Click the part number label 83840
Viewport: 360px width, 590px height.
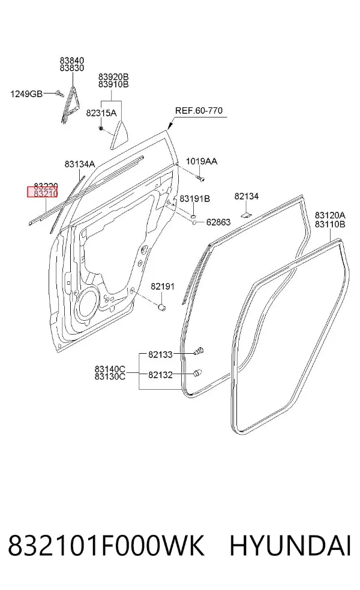tap(71, 60)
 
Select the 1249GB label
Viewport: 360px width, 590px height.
tap(26, 94)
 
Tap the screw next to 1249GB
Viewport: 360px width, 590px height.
tap(59, 93)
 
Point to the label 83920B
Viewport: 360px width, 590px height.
tap(113, 77)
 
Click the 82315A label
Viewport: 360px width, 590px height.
tap(101, 113)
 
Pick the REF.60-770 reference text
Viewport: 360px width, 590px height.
tap(199, 110)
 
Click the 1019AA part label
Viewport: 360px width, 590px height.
tap(202, 161)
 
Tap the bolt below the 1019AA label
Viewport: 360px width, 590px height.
tap(200, 178)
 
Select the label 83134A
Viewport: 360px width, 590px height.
tap(79, 164)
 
